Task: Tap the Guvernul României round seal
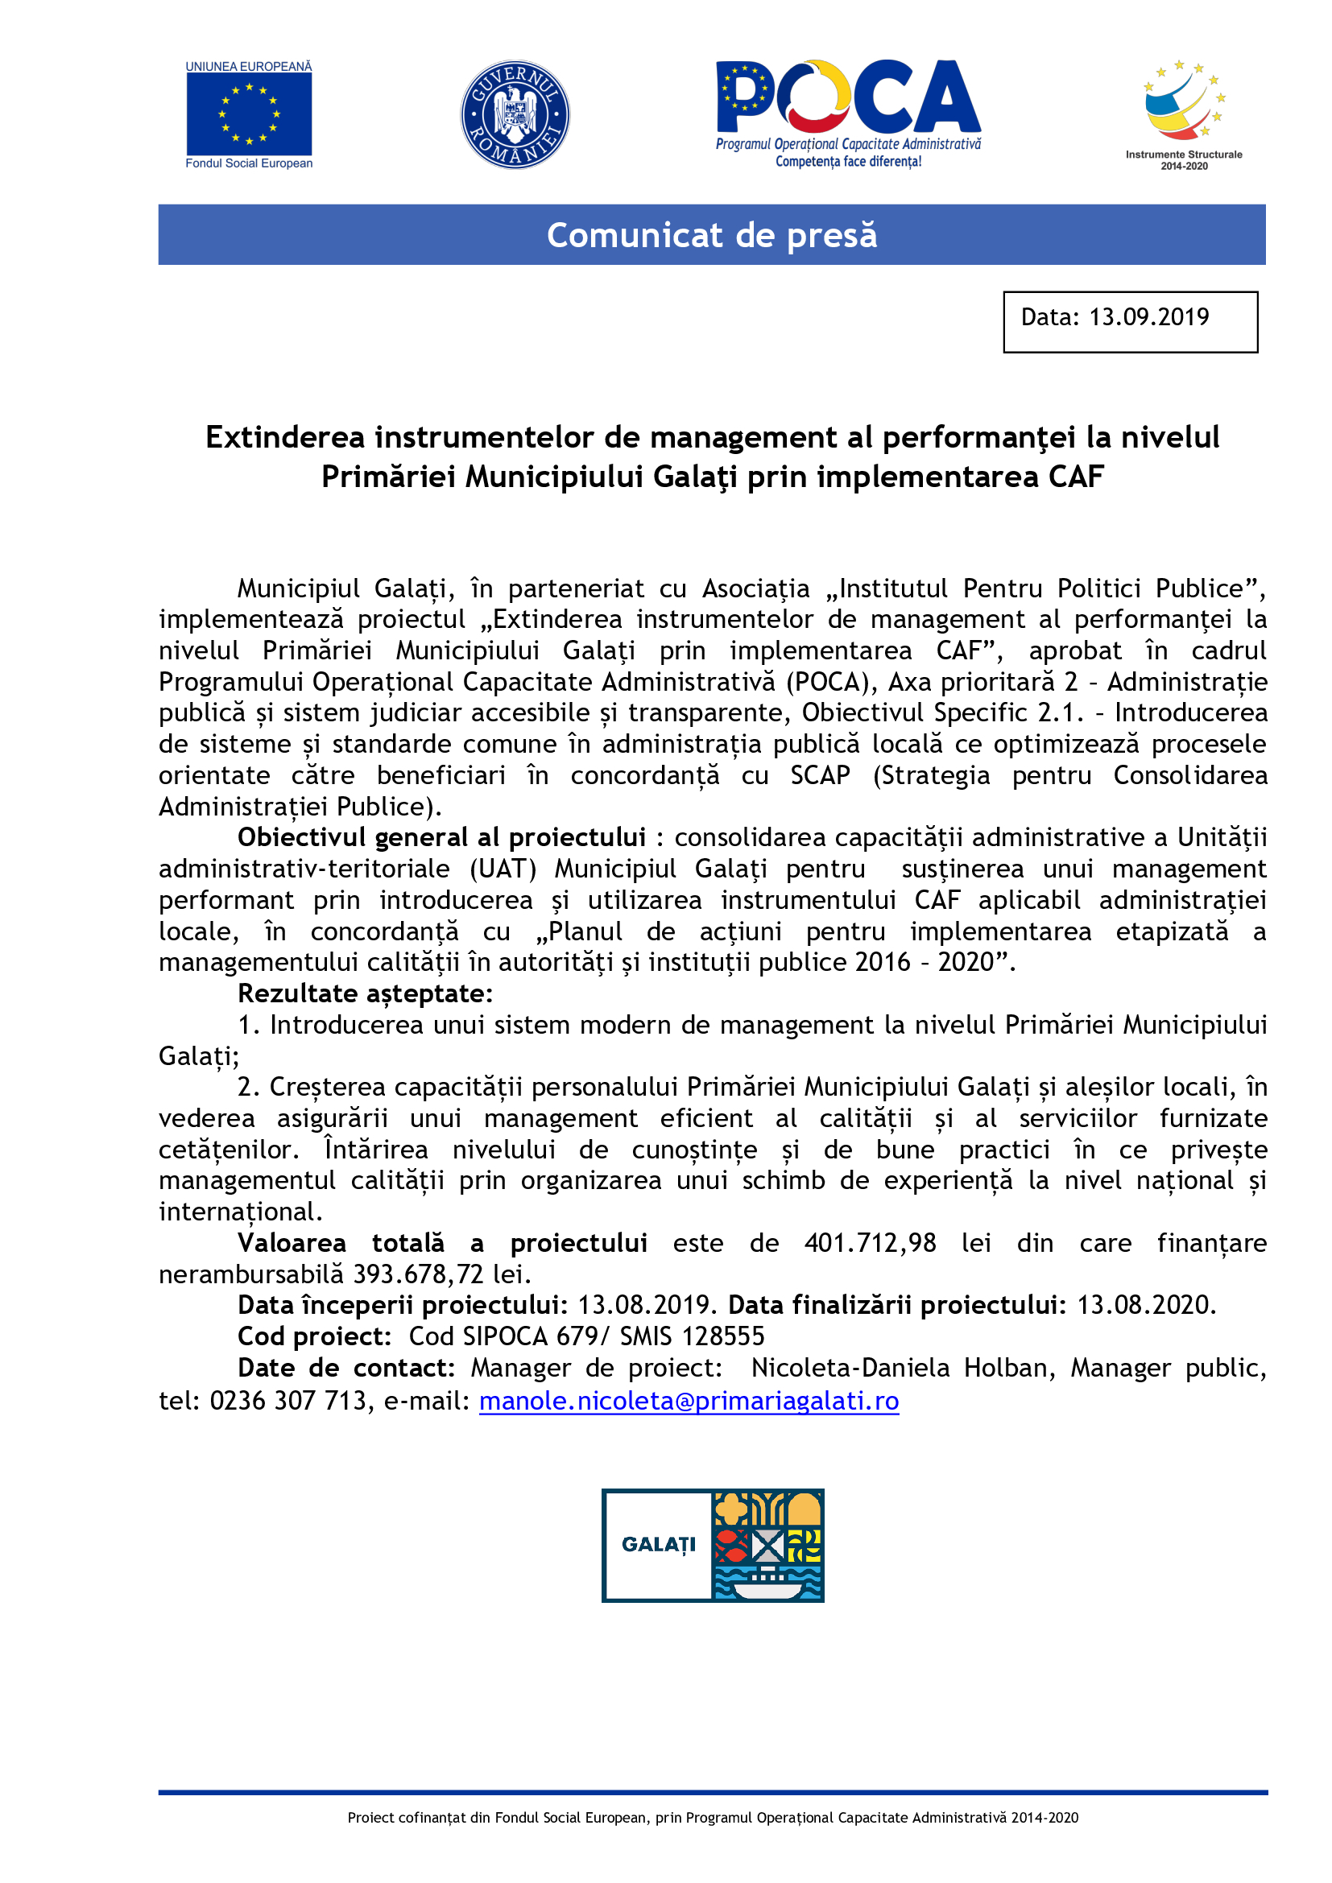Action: pyautogui.click(x=515, y=115)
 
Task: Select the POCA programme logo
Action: pyautogui.click(x=848, y=113)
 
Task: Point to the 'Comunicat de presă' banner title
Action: pyautogui.click(x=711, y=235)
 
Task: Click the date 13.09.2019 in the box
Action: pyautogui.click(x=1148, y=317)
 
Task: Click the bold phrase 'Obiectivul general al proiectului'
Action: pyautogui.click(x=441, y=837)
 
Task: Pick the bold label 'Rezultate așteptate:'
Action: pyautogui.click(x=365, y=993)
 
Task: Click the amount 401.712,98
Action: pyautogui.click(x=870, y=1242)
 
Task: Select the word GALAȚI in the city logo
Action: pyautogui.click(x=658, y=1544)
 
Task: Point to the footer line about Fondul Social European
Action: pyautogui.click(x=712, y=1818)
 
